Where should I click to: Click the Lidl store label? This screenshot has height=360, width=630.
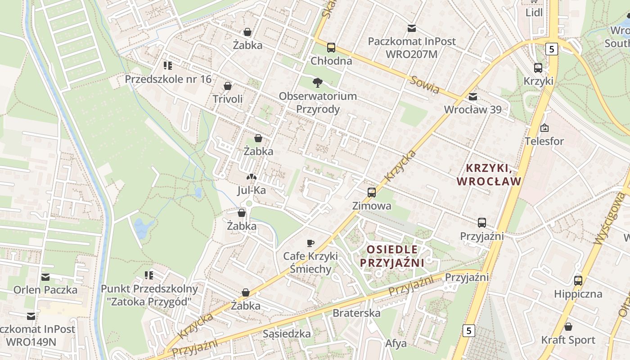(534, 13)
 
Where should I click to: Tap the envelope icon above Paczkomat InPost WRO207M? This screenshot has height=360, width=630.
(411, 29)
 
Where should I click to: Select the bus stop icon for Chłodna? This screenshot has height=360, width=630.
(331, 47)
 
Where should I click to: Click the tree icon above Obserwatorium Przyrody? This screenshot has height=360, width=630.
(318, 82)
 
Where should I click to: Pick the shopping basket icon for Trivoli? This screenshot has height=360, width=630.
(228, 86)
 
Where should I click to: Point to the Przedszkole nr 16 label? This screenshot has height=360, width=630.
(168, 79)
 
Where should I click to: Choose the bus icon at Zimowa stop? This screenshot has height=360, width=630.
(372, 193)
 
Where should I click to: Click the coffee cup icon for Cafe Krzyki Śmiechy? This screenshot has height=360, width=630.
(310, 243)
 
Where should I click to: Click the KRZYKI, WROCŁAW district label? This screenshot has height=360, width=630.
(489, 175)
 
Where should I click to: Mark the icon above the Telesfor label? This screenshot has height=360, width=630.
(544, 128)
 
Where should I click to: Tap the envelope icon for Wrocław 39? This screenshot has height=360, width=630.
(472, 97)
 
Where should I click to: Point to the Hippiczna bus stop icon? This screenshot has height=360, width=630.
(578, 281)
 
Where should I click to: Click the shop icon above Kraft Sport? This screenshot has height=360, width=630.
(568, 327)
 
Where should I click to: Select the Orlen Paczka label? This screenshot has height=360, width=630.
(45, 290)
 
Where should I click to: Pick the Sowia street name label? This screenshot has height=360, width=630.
(424, 85)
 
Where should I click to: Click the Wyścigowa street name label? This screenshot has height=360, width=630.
(610, 218)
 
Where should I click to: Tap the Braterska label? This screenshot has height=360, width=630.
(356, 313)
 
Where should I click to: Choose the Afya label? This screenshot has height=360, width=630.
(396, 343)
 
